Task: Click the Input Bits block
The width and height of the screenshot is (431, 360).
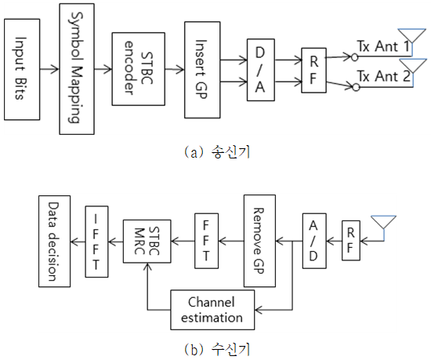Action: (22, 69)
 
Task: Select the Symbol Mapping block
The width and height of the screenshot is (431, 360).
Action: (77, 69)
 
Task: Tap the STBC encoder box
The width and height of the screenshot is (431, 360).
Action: (138, 69)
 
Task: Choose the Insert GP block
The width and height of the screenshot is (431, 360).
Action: (202, 70)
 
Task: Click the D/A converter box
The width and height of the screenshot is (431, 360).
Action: (261, 70)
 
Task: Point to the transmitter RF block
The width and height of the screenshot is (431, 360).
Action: (314, 71)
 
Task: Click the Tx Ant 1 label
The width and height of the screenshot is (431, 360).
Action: (383, 46)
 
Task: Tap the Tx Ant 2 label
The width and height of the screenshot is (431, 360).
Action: (383, 76)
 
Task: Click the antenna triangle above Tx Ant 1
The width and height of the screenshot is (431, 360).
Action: (412, 36)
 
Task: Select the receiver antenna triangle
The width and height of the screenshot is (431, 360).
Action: (383, 222)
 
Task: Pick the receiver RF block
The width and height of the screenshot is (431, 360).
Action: (351, 240)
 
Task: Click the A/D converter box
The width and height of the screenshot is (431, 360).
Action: (314, 241)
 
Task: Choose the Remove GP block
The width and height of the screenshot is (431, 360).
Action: (259, 241)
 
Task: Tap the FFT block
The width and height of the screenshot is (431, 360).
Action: (206, 241)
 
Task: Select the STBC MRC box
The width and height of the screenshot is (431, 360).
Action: (147, 242)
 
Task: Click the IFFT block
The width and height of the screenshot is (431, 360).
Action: (96, 242)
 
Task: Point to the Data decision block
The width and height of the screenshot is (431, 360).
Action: (54, 242)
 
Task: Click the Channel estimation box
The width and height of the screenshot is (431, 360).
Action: (212, 310)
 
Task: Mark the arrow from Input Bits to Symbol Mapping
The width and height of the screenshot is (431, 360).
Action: (49, 69)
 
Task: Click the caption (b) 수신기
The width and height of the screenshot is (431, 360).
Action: (217, 350)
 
